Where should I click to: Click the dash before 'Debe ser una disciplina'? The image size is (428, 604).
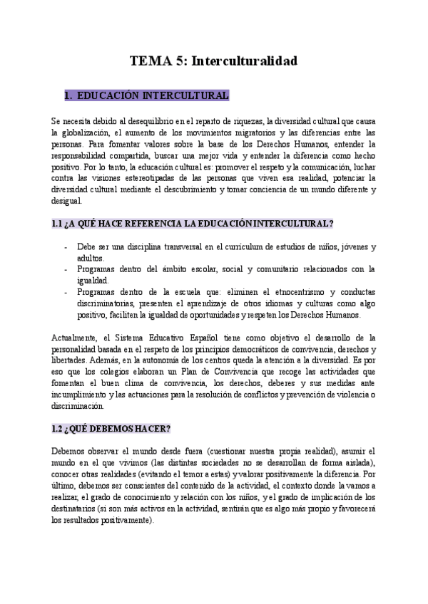pos(66,246)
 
